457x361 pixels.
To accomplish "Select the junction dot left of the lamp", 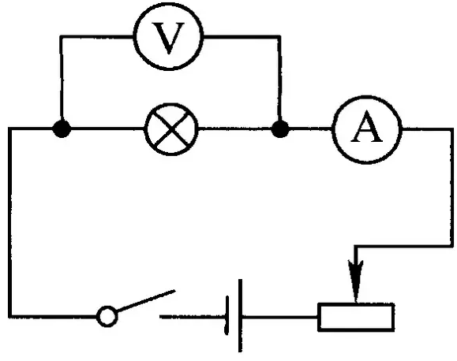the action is pos(62,128).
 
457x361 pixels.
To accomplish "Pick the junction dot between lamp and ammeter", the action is pos(280,129).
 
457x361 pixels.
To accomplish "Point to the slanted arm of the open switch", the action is pos(146,301).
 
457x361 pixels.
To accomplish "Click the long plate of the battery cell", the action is pos(240,315).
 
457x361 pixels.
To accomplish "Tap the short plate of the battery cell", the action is pos(227,316).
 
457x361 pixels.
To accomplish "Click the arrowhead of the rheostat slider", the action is pos(355,281).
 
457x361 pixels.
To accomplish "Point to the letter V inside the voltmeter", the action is pos(168,38).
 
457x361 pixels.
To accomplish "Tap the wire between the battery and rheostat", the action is pos(279,317).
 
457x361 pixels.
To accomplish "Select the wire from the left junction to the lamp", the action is pos(107,128).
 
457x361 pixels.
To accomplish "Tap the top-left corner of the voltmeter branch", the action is pos(62,37).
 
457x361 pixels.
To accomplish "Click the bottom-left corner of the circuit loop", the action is pos(10,316).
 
